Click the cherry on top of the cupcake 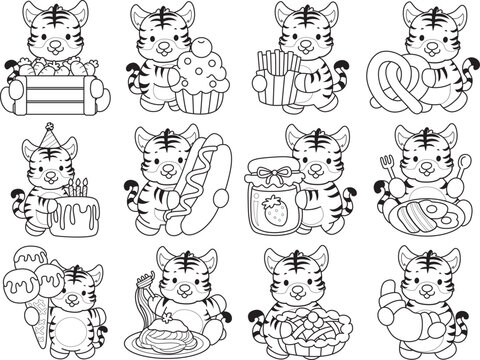click(x=203, y=46)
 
